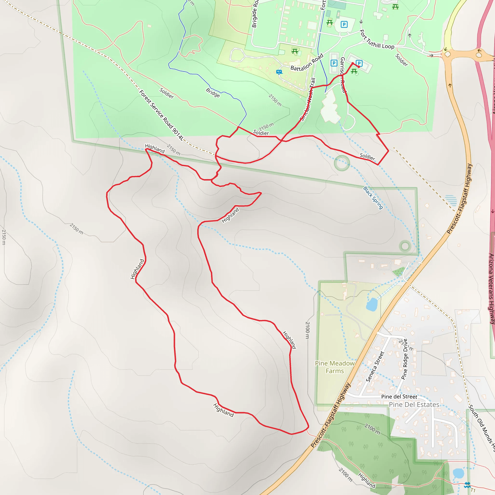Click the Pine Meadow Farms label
point(335,367)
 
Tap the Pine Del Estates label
point(414,405)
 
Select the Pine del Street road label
point(399,397)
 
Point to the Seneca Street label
point(375,367)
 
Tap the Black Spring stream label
point(373,198)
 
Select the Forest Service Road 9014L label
point(161,115)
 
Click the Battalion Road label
point(307,62)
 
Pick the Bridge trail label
point(213,93)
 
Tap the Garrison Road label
point(342,75)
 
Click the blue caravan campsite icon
point(279,72)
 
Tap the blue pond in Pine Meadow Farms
point(371,304)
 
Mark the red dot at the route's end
point(359,67)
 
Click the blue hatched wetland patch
point(451,200)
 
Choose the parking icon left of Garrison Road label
point(334,63)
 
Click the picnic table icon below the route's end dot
point(354,72)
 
